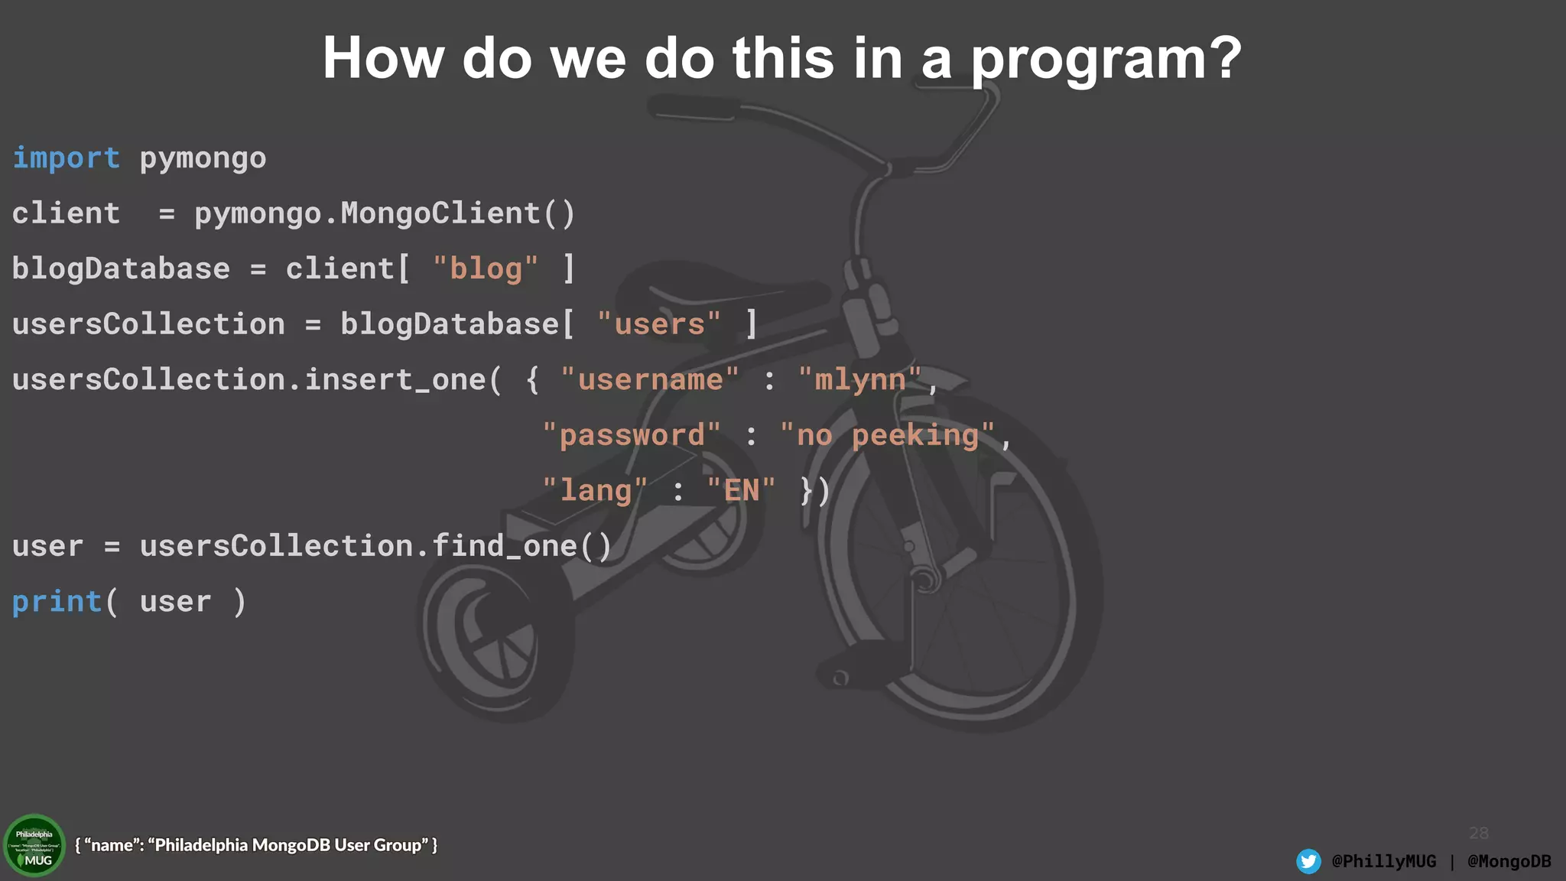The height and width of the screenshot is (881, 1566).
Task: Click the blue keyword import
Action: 66,158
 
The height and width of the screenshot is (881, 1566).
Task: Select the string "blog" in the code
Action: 485,269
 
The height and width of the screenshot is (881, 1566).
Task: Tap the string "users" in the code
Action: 658,324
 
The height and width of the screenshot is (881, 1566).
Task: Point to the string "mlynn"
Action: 859,380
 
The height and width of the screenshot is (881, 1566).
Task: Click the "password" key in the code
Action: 631,435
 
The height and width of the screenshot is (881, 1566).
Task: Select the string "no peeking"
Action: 887,435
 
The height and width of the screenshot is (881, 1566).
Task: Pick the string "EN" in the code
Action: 741,490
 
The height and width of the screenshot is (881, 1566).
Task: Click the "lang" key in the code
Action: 595,490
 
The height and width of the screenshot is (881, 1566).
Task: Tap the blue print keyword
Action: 57,602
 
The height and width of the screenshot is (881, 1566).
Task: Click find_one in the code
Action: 505,546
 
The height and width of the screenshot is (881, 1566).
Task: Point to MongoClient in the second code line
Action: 440,213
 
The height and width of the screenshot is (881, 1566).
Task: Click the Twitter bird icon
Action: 1308,861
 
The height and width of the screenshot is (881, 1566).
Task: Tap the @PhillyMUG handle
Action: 1384,861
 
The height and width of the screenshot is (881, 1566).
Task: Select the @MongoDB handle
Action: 1509,861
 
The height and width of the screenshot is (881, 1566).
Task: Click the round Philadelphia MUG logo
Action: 34,846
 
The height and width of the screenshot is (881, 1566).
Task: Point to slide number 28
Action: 1478,833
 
